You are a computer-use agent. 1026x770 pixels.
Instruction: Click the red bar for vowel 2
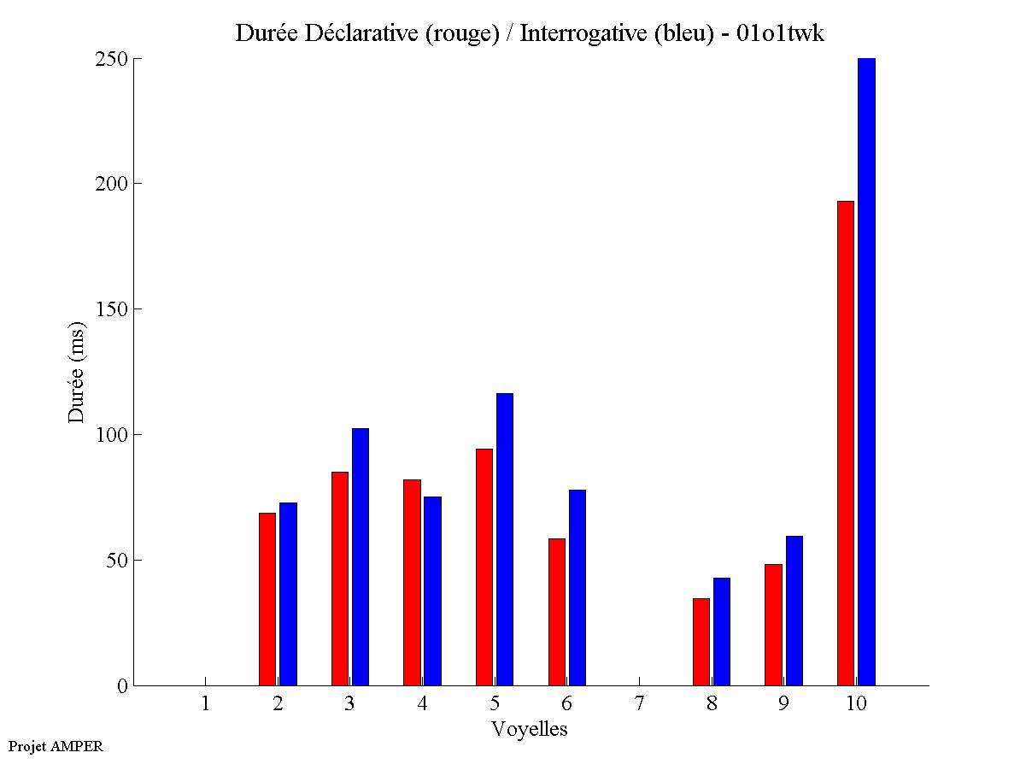tap(267, 599)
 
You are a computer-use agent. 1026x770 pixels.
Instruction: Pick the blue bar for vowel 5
tap(505, 539)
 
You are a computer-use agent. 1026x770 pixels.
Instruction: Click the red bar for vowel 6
tap(556, 612)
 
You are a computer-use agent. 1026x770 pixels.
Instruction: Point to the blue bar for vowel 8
tap(722, 632)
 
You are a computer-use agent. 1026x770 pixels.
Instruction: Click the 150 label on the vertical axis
tap(110, 309)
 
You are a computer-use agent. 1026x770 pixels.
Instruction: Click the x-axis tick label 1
tap(205, 704)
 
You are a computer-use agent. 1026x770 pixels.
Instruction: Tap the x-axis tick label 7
tap(639, 704)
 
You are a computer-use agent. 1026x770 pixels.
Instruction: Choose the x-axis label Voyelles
tap(530, 729)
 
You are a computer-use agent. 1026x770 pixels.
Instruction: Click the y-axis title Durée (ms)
tap(77, 372)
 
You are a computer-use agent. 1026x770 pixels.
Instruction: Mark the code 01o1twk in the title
tap(781, 33)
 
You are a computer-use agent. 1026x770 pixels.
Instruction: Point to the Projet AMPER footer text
tap(56, 746)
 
